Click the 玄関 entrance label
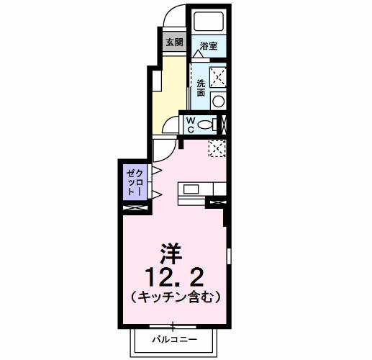pyautogui.click(x=173, y=42)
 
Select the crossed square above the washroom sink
pyautogui.click(x=219, y=76)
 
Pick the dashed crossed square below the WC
pyautogui.click(x=217, y=149)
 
